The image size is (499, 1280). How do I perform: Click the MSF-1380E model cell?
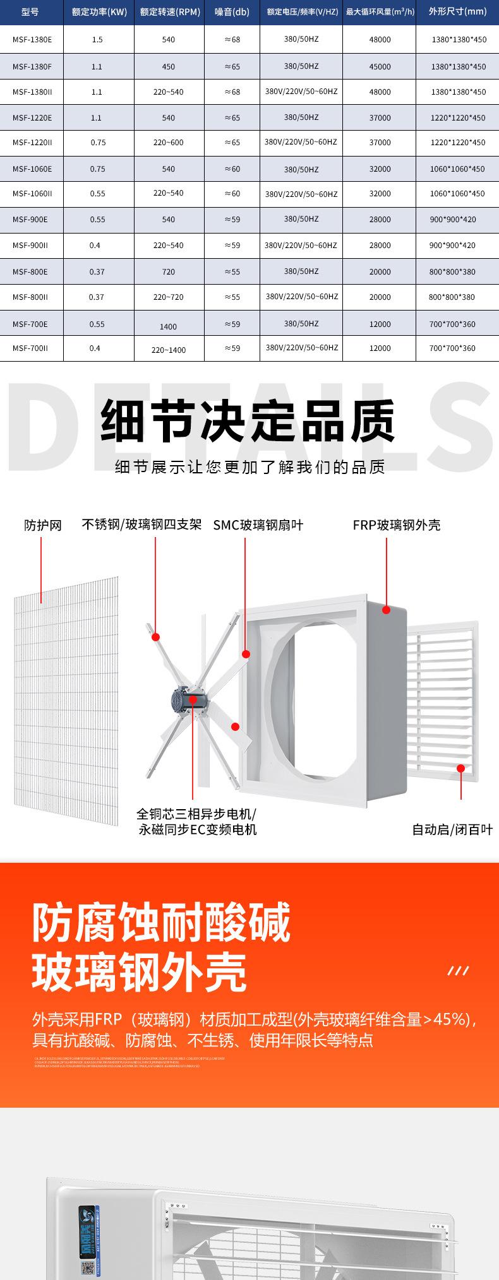32,39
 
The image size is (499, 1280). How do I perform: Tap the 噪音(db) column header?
232,11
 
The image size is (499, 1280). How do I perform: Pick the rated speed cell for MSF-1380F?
169,66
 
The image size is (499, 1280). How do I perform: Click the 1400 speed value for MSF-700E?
169,326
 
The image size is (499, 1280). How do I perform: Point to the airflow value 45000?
380,66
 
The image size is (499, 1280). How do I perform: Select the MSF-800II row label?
30,297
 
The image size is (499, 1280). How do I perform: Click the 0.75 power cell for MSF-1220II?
98,143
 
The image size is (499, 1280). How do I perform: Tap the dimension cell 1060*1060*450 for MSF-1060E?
458,169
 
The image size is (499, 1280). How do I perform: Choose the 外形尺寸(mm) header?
458,11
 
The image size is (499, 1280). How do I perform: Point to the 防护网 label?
43,525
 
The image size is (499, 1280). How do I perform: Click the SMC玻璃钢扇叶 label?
258,525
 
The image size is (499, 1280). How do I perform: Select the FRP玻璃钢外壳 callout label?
396,525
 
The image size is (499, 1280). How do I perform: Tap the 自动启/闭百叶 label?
452,829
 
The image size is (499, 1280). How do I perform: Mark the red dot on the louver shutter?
461,769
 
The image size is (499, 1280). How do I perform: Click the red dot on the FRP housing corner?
386,610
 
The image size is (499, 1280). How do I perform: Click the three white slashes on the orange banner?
458,970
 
